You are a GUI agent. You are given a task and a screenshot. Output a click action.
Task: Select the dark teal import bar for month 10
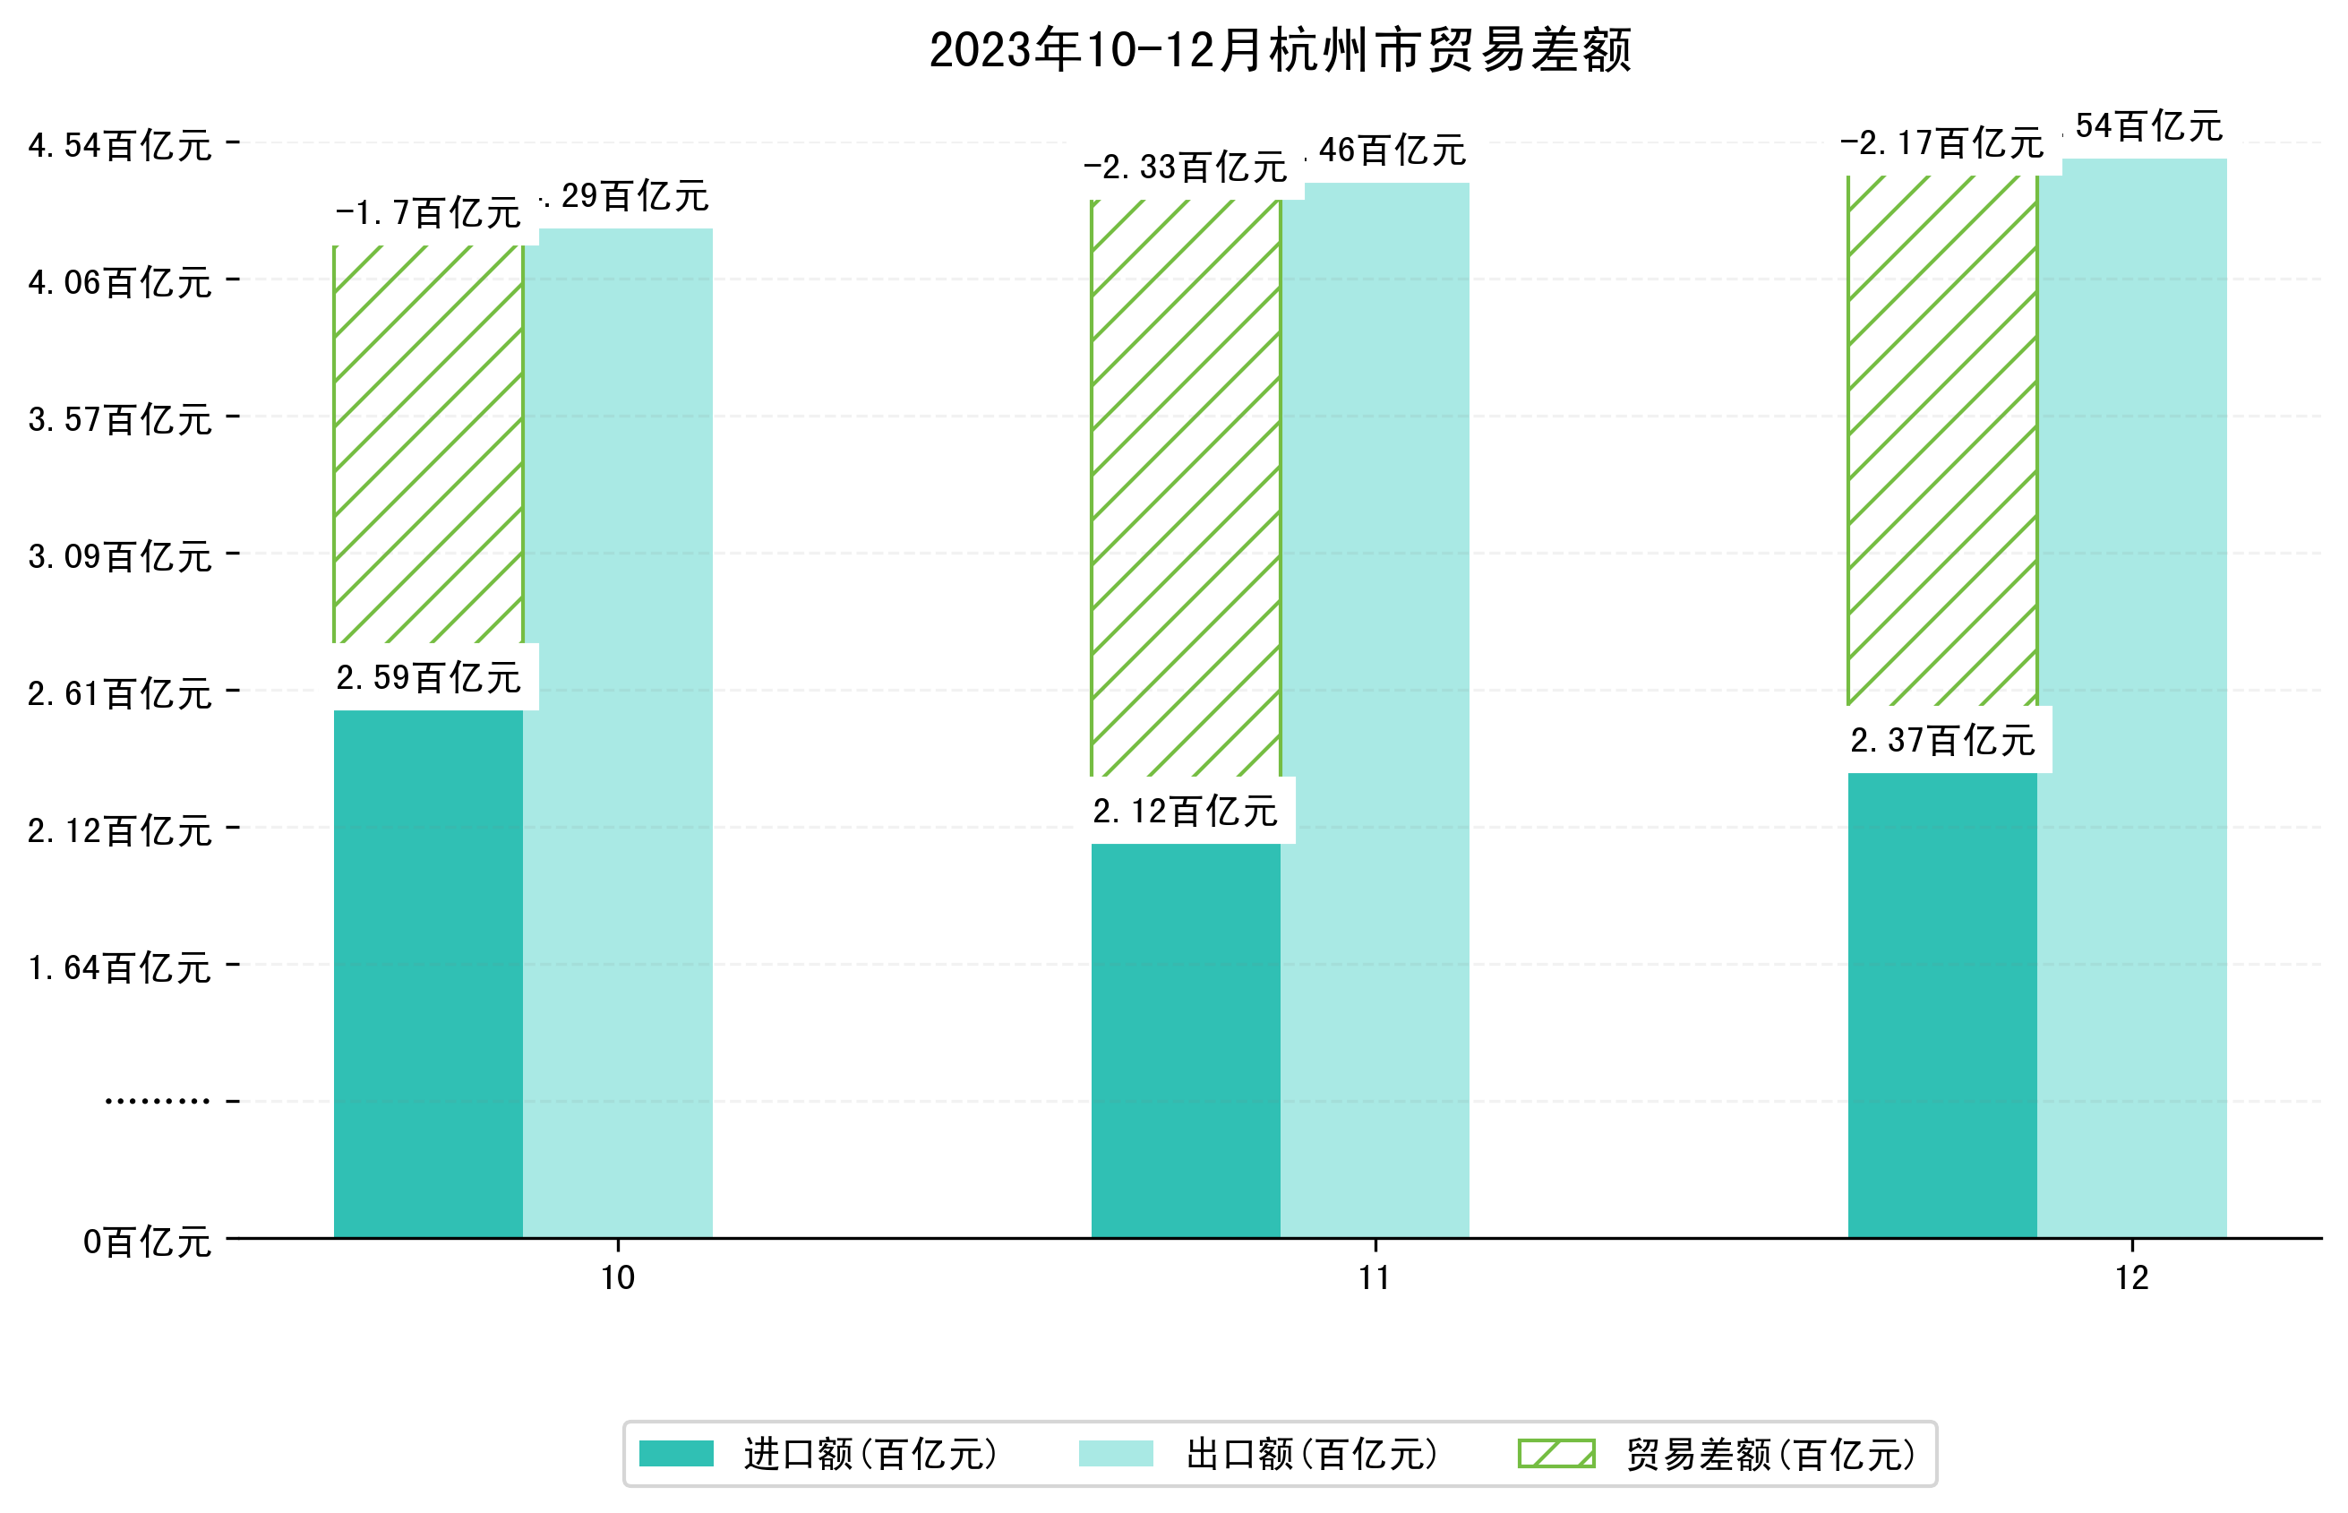[428, 973]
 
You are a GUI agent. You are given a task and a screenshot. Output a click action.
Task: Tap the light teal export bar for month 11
[1375, 708]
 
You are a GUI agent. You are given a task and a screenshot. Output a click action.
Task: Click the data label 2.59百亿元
[428, 678]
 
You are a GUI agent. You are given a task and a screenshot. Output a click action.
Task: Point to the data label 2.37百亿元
[1941, 741]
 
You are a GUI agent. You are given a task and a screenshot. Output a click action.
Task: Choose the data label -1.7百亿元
[428, 213]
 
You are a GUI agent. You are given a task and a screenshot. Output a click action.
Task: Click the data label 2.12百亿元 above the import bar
[1185, 812]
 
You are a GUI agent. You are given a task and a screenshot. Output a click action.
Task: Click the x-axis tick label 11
[1374, 1278]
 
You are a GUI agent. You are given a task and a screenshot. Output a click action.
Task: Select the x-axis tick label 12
[2132, 1278]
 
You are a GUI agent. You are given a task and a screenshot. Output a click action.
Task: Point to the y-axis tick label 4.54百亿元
[120, 145]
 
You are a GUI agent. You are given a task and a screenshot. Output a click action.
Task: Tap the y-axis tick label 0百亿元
[147, 1242]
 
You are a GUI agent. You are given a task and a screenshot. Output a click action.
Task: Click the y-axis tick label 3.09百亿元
[120, 557]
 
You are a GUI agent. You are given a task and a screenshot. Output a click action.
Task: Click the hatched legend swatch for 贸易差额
[1555, 1453]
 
